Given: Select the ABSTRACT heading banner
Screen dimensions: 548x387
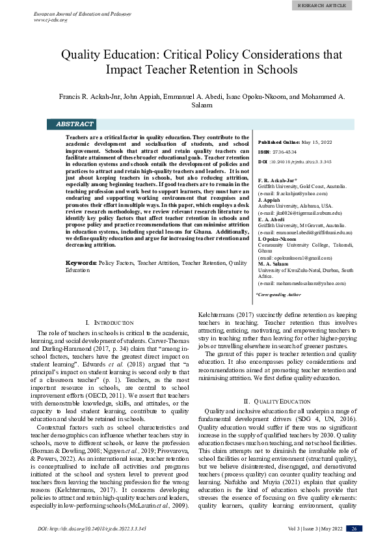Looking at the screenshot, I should (75, 124).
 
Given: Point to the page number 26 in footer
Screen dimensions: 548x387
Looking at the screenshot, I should (354, 528).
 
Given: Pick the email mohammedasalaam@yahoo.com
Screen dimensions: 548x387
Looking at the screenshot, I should (303, 283).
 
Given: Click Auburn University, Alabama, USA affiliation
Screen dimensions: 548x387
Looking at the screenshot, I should (293, 206).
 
